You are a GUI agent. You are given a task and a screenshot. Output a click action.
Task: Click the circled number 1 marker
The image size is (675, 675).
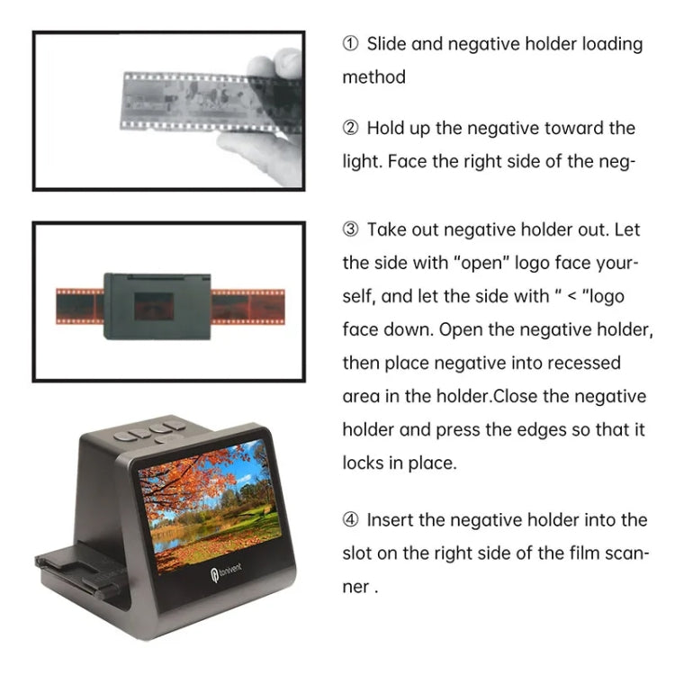[x=352, y=44]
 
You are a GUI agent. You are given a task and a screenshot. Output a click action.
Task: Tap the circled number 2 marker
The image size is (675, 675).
[x=352, y=129]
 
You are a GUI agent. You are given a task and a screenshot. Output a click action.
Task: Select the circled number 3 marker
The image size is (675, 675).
[x=352, y=230]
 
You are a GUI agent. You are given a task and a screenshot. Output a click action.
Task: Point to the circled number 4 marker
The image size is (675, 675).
[x=352, y=520]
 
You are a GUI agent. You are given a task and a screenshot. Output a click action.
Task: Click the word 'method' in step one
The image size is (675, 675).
[x=373, y=77]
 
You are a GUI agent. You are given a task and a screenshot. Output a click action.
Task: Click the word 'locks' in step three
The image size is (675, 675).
[x=364, y=463]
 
